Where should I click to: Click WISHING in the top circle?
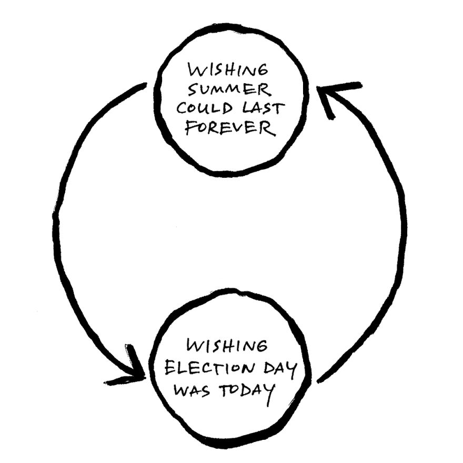coord(229,71)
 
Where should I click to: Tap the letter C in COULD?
coord(182,109)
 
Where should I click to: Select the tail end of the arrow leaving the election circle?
coord(321,379)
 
